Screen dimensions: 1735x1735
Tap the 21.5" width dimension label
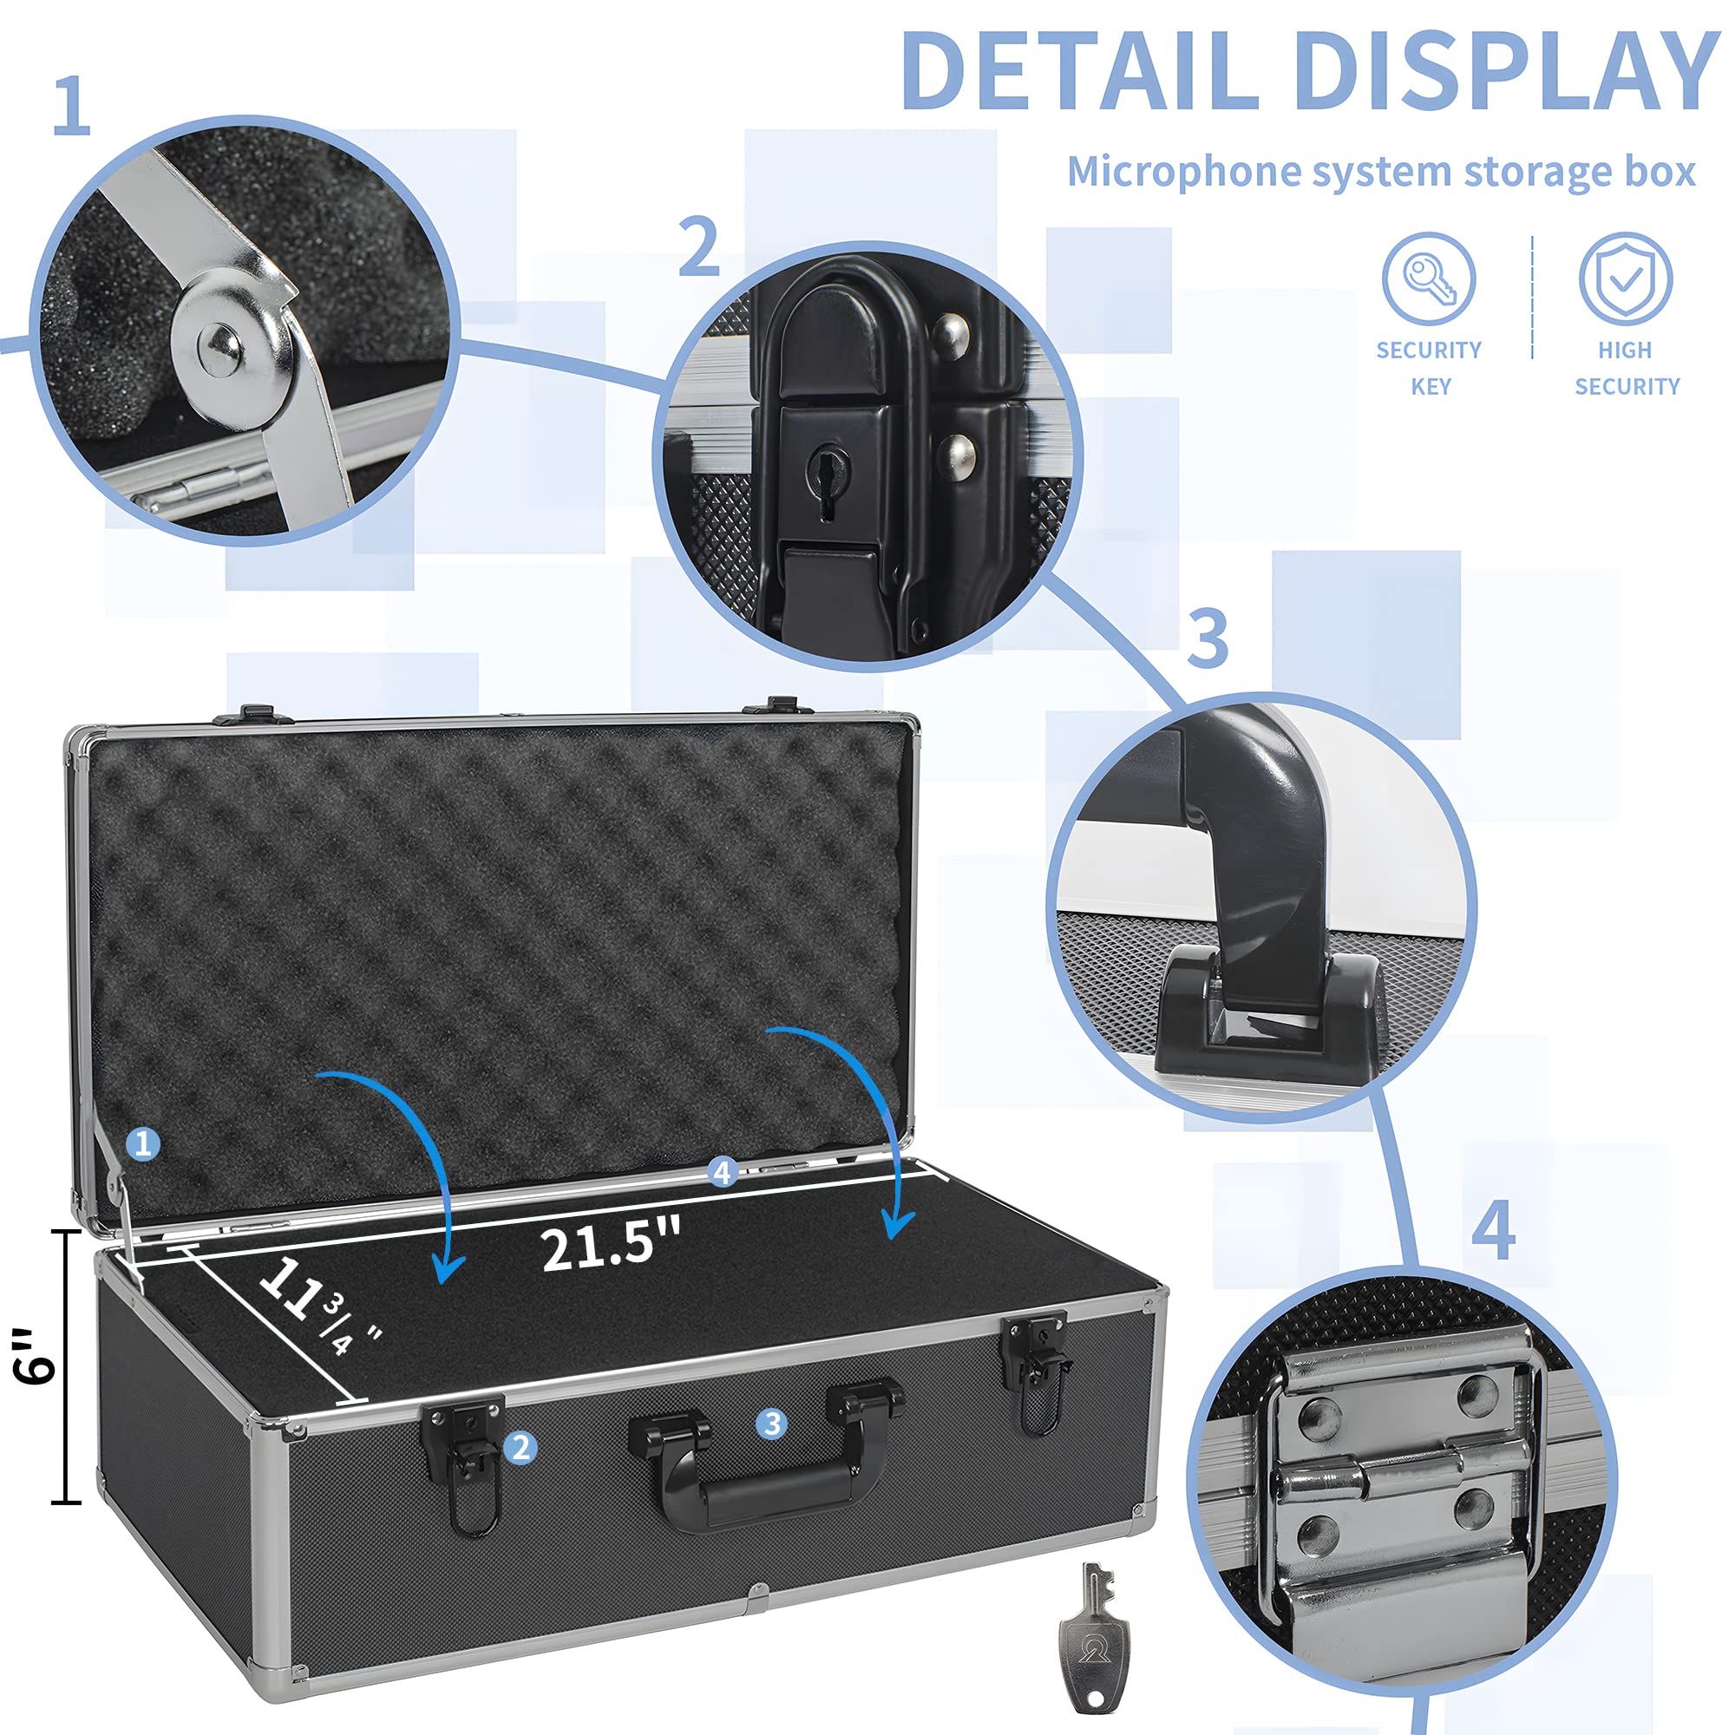click(x=611, y=1245)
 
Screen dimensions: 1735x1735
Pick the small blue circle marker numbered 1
click(x=142, y=1143)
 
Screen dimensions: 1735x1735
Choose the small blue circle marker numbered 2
click(x=520, y=1447)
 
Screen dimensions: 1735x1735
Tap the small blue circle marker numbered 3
click(x=771, y=1424)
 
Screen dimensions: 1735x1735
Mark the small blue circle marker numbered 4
click(x=722, y=1172)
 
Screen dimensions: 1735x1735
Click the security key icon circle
click(x=1428, y=278)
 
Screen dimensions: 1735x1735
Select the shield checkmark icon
click(x=1626, y=278)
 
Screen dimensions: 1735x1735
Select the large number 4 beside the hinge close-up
click(x=1494, y=1230)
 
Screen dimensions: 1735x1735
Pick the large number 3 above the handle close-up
click(x=1208, y=638)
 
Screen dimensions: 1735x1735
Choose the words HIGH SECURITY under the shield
click(x=1627, y=368)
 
